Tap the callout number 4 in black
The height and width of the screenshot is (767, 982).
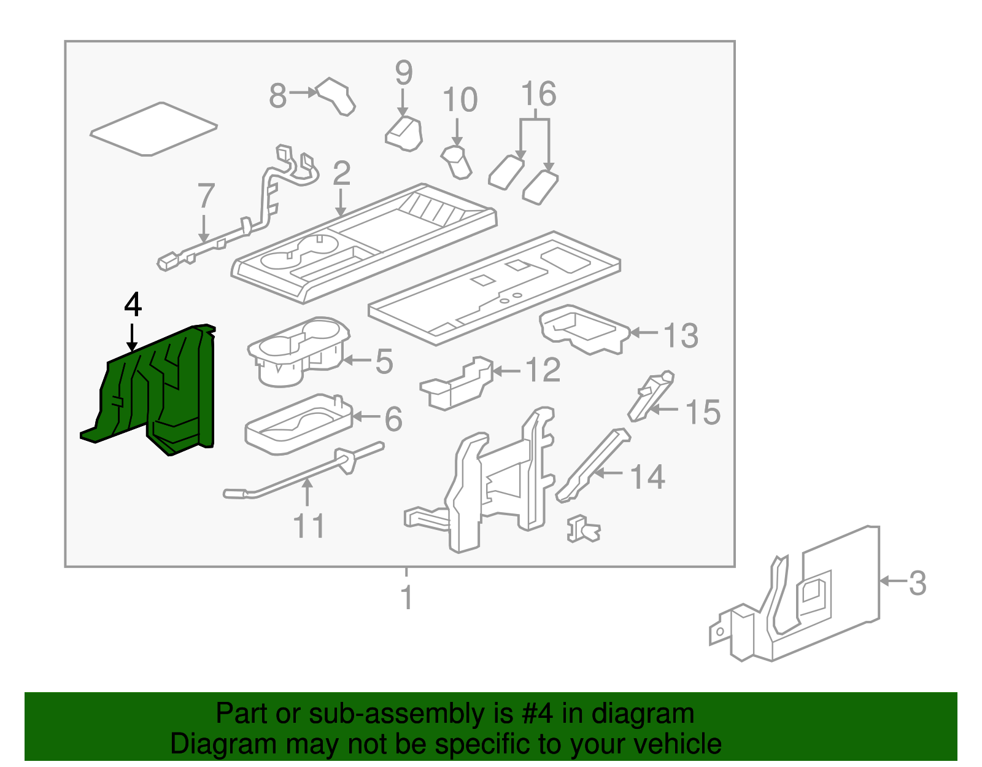[x=133, y=305]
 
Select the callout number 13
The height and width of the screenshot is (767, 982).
[x=681, y=336]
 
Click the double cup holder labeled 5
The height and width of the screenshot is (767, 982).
[x=300, y=353]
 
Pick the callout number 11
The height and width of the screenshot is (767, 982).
[x=308, y=526]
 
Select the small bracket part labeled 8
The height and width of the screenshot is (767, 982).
[x=336, y=96]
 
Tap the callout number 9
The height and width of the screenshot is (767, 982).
[x=403, y=73]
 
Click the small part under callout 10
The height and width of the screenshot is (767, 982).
[x=457, y=162]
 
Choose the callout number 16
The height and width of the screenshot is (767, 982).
[x=538, y=94]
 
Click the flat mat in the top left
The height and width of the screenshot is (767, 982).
[x=153, y=128]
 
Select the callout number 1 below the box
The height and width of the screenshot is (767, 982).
[x=407, y=598]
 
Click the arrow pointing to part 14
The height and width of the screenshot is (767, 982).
[x=608, y=473]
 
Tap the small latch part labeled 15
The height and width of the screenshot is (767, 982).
[x=651, y=396]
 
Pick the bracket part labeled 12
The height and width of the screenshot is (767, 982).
[x=457, y=384]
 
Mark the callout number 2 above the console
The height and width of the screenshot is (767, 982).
[x=341, y=174]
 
